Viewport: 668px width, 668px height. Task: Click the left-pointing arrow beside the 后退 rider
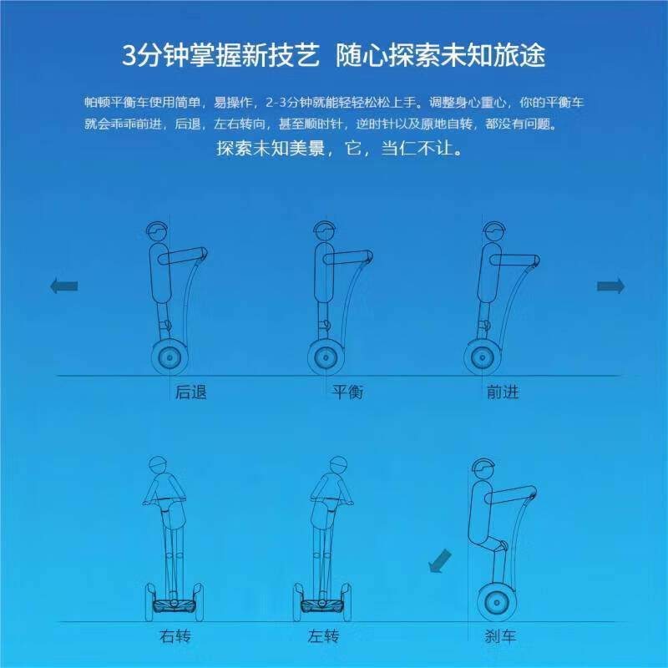[64, 286]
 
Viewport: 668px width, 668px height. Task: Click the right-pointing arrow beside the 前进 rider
[610, 286]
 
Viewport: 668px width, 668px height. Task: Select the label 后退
[190, 391]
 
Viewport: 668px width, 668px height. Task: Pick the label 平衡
[347, 391]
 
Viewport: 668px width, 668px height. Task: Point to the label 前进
[502, 391]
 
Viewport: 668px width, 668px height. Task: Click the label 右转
[176, 637]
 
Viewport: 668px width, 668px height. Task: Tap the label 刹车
[500, 637]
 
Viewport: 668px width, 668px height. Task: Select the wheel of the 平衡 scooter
[324, 357]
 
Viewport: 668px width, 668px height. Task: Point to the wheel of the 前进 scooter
[482, 357]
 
